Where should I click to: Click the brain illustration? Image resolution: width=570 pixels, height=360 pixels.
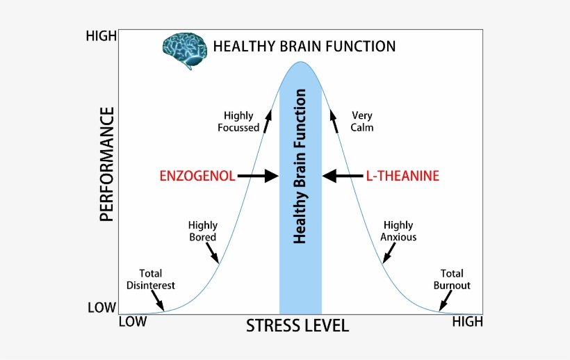coord(184,49)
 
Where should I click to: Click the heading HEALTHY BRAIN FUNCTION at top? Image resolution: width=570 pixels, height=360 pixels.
coord(304,47)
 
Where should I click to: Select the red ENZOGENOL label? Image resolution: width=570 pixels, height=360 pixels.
coord(197,176)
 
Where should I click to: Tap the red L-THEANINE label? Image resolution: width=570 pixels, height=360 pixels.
coord(402,176)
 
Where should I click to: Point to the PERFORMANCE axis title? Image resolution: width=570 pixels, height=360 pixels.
coord(106,164)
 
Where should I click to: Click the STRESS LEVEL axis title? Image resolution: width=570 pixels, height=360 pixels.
coord(297,326)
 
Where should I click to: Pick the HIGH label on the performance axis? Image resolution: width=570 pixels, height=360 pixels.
coord(101,35)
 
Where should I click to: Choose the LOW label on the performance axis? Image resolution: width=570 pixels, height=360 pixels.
coord(101,307)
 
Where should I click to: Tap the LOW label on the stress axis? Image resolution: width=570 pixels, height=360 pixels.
coord(133,322)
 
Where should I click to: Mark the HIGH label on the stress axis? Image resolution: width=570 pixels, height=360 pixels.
coord(467,322)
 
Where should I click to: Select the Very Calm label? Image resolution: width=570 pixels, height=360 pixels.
coord(362,122)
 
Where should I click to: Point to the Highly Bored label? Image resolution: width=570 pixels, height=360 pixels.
coord(203,231)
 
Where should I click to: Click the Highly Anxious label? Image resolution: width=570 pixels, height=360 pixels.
coord(398,231)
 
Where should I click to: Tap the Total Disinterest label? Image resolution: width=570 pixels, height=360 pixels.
coord(151,279)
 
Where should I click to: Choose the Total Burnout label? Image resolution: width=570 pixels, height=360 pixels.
coord(452,279)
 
